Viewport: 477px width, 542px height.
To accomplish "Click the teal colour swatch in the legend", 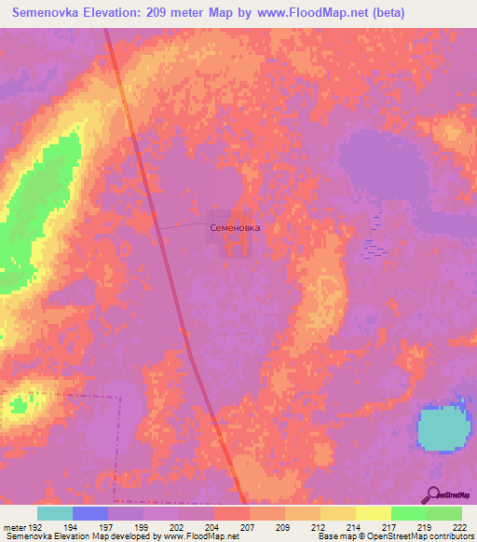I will pos(55,513).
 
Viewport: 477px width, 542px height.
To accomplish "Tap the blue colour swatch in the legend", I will pos(90,513).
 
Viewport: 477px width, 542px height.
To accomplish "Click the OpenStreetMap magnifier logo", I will pos(433,496).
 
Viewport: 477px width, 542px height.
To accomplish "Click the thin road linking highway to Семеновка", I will pos(182,226).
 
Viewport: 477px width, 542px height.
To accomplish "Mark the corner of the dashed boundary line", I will pos(120,397).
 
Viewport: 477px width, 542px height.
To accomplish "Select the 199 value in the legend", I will pos(143,528).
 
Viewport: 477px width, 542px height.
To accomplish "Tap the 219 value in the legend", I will pos(425,528).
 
